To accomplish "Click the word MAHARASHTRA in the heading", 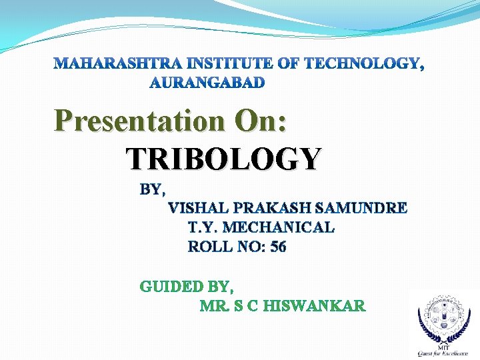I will tap(119, 65).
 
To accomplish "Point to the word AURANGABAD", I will tap(207, 83).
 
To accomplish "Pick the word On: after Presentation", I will tap(259, 121).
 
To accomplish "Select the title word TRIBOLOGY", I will tap(224, 159).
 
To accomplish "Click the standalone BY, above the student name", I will tap(153, 189).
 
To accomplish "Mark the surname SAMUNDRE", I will tap(354, 209).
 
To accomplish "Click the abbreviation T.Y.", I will tap(204, 228).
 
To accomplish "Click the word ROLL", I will tap(210, 247).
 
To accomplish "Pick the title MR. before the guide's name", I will tap(215, 307).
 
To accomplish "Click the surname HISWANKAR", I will tap(314, 307).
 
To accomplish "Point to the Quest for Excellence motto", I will tap(443, 353).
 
